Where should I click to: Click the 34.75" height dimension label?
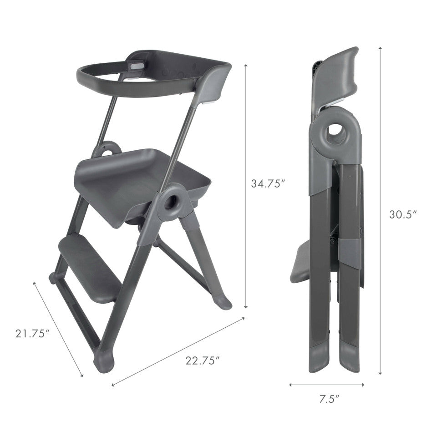[268, 183]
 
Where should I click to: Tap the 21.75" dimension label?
[32, 333]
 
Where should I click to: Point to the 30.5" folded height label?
[403, 214]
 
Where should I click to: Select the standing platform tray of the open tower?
[139, 184]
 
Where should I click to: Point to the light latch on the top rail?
[137, 66]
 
